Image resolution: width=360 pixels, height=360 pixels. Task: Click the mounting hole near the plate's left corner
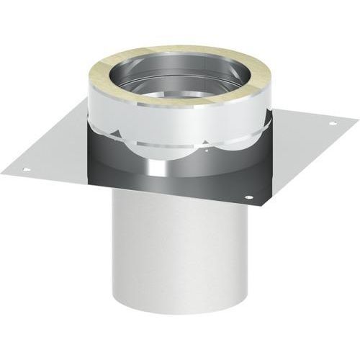(x=27, y=169)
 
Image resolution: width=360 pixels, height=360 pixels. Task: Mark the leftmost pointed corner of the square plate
(x=1, y=173)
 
